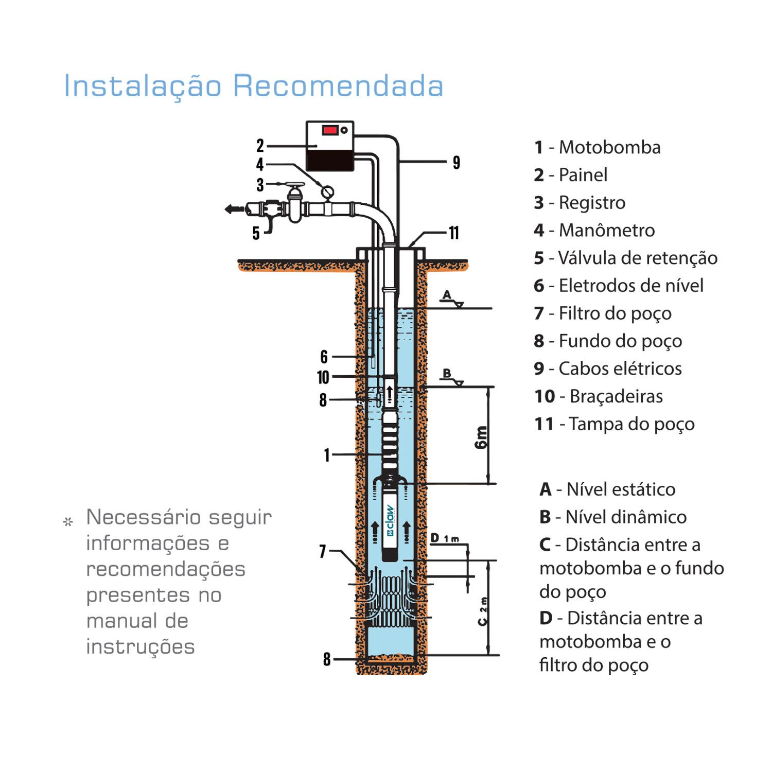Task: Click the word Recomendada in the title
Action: tap(338, 86)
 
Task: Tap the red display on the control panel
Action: tap(329, 130)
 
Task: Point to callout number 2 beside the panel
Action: tap(260, 146)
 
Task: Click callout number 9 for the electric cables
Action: tap(456, 163)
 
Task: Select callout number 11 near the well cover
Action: tap(453, 233)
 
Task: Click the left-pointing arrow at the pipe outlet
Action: tap(234, 208)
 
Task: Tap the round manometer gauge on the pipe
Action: tap(327, 192)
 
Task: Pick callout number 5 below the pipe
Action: tap(256, 234)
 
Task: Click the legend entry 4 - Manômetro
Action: tap(594, 230)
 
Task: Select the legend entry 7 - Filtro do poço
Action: tap(602, 313)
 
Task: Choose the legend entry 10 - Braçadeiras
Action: tap(598, 396)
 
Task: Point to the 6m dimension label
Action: tap(481, 437)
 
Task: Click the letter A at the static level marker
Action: tap(447, 295)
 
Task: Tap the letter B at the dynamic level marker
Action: tap(447, 373)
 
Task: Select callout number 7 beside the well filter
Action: tap(323, 551)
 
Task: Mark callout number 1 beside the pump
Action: tap(326, 455)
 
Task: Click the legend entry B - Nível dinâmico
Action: tap(612, 517)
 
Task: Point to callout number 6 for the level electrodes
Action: tap(324, 357)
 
